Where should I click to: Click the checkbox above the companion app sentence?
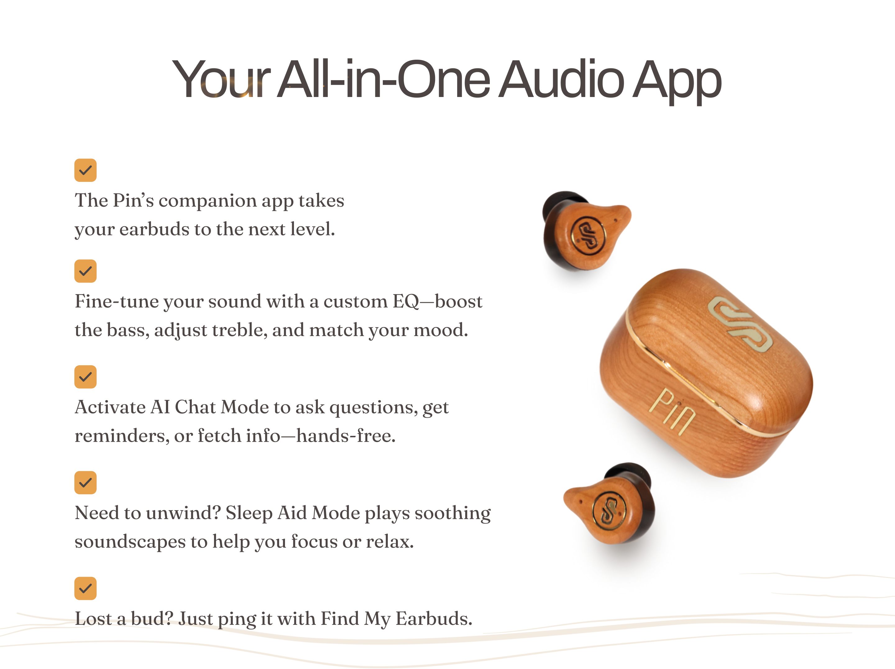85,170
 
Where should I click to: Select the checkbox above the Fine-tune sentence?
85,271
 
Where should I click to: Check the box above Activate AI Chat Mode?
85,377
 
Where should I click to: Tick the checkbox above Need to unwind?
85,483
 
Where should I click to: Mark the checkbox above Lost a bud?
85,588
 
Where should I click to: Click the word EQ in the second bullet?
406,302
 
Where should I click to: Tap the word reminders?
122,436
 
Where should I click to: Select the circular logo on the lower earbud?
609,511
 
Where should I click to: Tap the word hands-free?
346,436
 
